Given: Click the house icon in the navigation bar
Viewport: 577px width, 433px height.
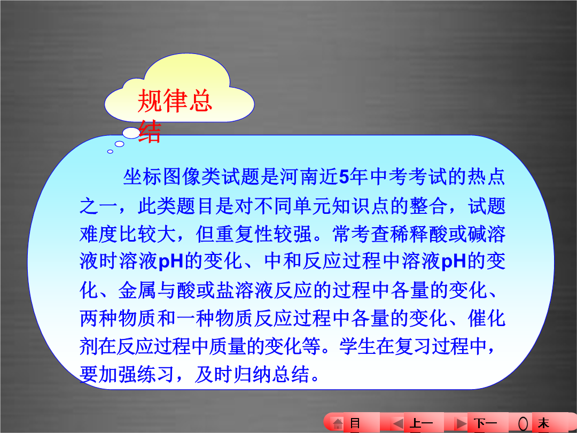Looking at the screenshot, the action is pos(338,423).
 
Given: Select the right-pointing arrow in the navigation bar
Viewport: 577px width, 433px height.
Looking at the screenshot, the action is pos(461,423).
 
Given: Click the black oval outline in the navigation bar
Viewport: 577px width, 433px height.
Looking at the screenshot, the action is pos(523,424).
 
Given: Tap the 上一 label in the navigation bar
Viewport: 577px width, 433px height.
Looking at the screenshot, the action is pos(422,424).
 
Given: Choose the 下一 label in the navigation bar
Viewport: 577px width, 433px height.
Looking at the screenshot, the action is pos(485,424).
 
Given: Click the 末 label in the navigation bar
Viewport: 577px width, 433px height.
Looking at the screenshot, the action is pos(543,424).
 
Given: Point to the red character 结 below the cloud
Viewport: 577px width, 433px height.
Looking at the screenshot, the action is pos(150,131).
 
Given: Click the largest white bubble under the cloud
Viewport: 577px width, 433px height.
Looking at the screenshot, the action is pos(131,133).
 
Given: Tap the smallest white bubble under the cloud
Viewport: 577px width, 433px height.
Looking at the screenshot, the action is pos(110,151).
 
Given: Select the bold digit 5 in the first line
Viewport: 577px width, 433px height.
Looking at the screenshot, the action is pos(344,177).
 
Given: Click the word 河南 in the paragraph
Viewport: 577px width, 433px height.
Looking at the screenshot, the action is pos(299,177).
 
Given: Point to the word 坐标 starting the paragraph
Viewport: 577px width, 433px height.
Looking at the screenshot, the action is pos(142,177).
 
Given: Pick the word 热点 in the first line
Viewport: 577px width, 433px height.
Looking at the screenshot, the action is pos(486,177).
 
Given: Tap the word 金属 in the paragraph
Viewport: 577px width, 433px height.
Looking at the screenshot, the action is pos(137,290).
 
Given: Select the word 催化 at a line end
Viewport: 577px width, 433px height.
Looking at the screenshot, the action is pos(486,318).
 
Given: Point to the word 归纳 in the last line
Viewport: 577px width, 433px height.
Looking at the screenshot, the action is pos(253,374).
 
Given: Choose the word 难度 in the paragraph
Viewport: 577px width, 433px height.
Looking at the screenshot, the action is pos(99,234).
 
